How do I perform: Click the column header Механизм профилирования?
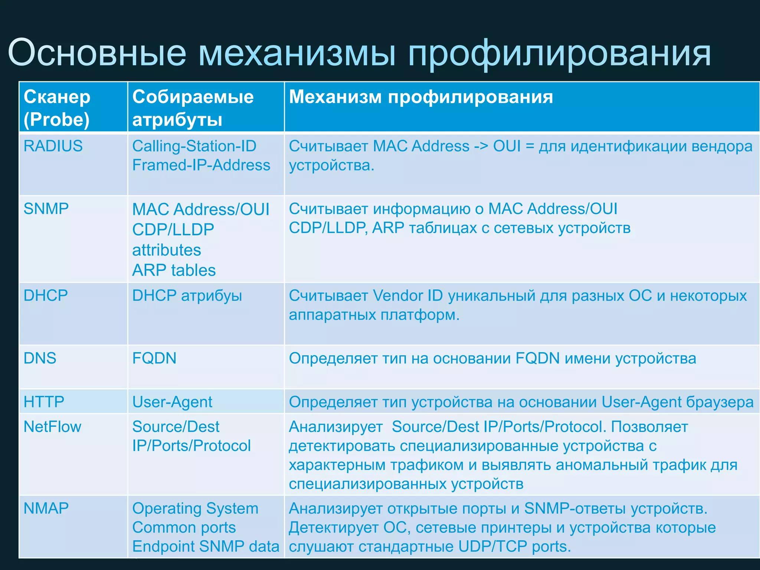click(420, 97)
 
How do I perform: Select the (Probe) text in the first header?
click(56, 119)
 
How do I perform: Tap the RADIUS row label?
click(53, 146)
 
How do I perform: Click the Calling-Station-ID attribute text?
click(194, 146)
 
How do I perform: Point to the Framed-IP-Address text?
click(201, 165)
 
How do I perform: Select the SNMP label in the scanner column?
click(46, 209)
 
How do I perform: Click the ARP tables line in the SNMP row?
click(174, 270)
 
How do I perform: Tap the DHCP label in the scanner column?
click(46, 296)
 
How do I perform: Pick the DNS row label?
click(40, 358)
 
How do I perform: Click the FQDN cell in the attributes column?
click(154, 358)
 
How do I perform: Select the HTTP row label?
click(44, 402)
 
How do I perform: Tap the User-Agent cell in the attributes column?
click(172, 402)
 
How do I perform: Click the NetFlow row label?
click(52, 427)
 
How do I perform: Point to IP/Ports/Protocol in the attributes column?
click(191, 446)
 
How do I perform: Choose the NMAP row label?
click(46, 508)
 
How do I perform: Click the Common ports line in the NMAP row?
click(184, 527)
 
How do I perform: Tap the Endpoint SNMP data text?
click(206, 546)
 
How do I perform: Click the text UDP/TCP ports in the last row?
click(514, 546)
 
